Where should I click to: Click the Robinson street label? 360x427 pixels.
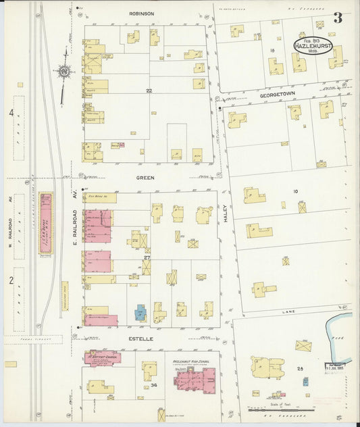tap(142, 13)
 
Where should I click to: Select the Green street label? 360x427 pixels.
tap(145, 178)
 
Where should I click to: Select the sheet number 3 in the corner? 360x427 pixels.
tap(337, 18)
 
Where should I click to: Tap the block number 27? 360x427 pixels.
tap(146, 258)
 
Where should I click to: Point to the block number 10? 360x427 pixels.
tap(295, 192)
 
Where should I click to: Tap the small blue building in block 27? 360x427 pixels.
tap(140, 313)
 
